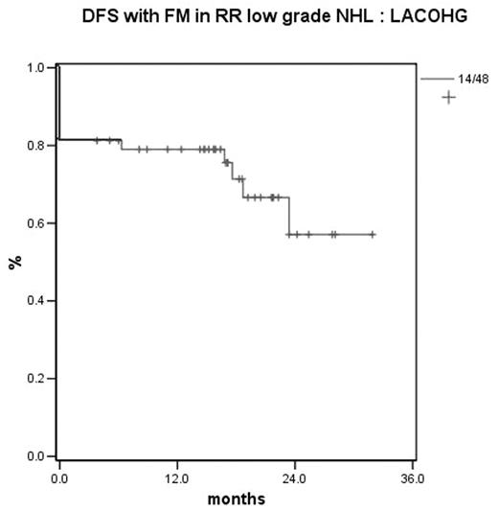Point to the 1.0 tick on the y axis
[35, 68]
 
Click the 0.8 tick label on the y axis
[35, 146]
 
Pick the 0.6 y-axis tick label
[35, 223]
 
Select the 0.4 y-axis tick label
[35, 301]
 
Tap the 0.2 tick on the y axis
[35, 379]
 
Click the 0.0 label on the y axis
[35, 456]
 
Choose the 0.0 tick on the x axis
[59, 476]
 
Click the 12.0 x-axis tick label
[176, 476]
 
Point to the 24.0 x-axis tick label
[294, 476]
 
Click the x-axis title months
[237, 499]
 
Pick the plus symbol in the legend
[447, 97]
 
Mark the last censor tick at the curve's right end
[373, 234]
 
